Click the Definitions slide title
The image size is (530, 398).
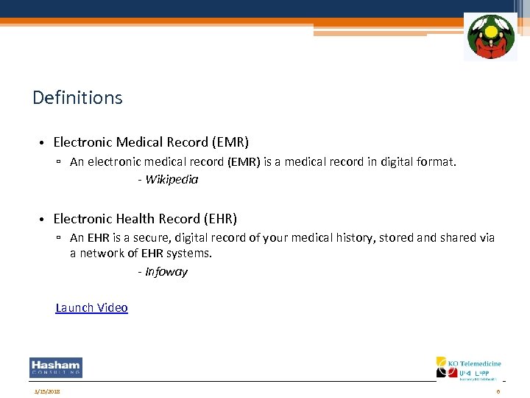[77, 97]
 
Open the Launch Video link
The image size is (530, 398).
[92, 308]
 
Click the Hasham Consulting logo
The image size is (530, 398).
[56, 368]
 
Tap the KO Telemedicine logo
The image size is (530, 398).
[469, 369]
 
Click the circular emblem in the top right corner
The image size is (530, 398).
[490, 37]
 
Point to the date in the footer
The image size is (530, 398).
[46, 391]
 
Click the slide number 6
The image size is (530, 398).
[498, 391]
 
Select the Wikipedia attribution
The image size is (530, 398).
[172, 180]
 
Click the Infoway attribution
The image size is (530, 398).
[166, 272]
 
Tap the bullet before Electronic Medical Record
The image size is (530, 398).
[44, 142]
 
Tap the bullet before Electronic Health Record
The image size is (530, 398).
[44, 220]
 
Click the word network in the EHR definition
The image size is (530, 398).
[101, 254]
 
